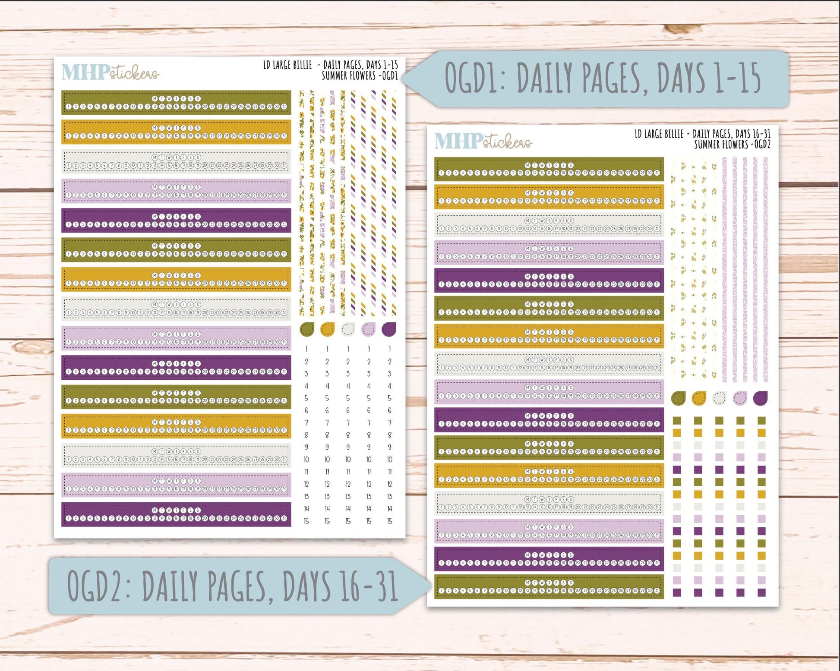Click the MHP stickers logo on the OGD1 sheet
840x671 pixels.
click(x=110, y=72)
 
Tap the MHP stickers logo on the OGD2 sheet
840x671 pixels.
click(x=483, y=141)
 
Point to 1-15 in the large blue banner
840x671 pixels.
click(x=737, y=78)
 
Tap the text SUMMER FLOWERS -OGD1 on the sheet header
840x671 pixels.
click(x=360, y=76)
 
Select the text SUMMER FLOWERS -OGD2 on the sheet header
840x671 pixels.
click(x=732, y=145)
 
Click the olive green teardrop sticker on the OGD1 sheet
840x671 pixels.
click(x=306, y=329)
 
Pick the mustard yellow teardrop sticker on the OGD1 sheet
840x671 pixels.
click(x=327, y=329)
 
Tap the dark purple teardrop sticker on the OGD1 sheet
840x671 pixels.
click(x=389, y=329)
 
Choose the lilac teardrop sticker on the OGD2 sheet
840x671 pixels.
click(x=740, y=398)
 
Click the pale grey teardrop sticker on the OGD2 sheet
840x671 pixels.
click(x=719, y=398)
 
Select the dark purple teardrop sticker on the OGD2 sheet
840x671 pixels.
click(x=761, y=398)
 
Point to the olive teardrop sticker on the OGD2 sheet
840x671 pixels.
click(x=678, y=398)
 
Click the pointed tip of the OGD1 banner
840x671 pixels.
click(x=405, y=79)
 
